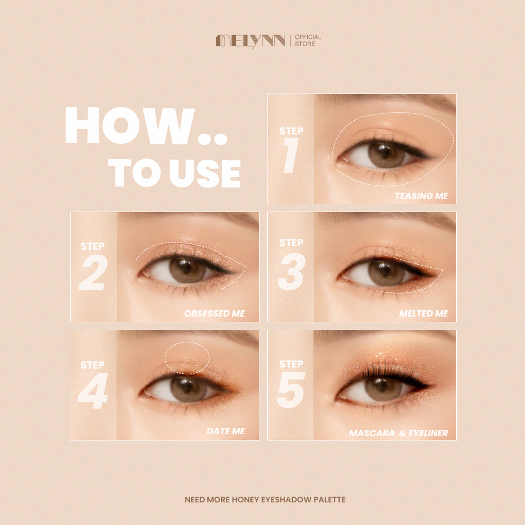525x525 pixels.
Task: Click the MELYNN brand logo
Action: tap(250, 41)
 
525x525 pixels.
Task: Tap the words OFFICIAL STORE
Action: tap(308, 40)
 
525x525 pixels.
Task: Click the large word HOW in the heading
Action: tap(130, 125)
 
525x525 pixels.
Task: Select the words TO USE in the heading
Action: tap(174, 173)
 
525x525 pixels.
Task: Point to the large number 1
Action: tap(291, 155)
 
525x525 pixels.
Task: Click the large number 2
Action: tap(93, 272)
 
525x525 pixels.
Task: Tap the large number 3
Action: tap(291, 271)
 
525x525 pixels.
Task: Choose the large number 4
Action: tap(93, 391)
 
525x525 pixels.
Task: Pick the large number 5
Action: tap(291, 390)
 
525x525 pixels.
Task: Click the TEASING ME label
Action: tap(422, 196)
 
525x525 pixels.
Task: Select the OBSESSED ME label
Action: tap(215, 314)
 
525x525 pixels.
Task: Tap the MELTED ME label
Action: tap(424, 314)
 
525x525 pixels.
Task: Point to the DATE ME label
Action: tap(226, 431)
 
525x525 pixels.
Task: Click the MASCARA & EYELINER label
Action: tap(398, 433)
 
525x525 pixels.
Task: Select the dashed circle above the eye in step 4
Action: tap(187, 342)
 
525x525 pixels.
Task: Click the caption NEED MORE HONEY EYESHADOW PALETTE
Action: tap(265, 500)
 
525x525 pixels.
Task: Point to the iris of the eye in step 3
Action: tap(386, 272)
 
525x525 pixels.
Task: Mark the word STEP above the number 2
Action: tap(92, 246)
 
